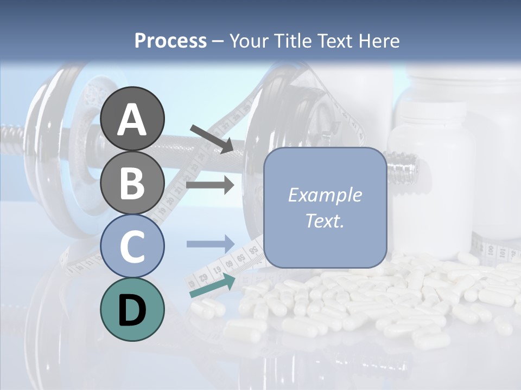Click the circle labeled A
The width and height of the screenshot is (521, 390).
point(132,119)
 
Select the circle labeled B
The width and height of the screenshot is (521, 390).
point(132,183)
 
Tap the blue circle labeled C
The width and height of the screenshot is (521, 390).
point(132,246)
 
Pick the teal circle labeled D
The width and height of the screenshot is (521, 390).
point(132,309)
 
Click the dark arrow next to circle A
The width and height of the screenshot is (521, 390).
point(212,139)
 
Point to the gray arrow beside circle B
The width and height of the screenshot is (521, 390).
point(210,185)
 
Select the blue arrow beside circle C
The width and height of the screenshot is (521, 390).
point(210,243)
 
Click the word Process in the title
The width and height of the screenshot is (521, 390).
point(170,41)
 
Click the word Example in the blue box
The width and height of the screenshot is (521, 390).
point(325,195)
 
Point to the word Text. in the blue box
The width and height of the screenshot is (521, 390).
point(325,220)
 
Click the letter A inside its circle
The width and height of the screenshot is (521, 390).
point(132,120)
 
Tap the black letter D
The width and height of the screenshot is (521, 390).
point(132,310)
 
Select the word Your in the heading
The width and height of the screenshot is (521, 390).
point(248,41)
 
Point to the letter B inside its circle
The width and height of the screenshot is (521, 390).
point(132,183)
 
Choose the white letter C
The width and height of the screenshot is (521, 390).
point(132,246)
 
